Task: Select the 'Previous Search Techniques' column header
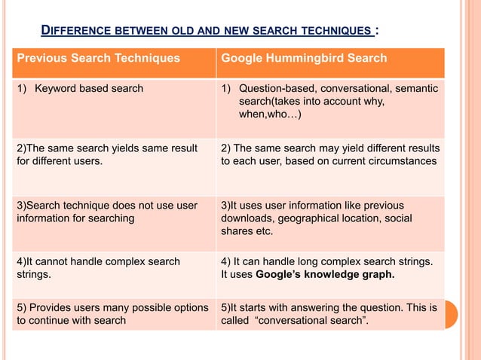98,58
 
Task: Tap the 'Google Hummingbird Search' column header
303,58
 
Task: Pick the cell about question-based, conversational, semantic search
329,101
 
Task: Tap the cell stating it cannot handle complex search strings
98,267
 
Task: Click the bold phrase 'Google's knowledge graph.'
325,274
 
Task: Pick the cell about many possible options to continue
112,315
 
